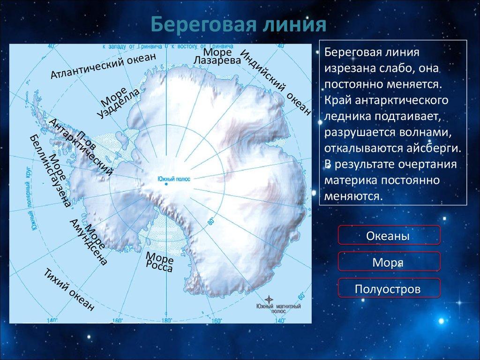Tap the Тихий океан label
[68, 291]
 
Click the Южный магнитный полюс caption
[278, 308]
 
